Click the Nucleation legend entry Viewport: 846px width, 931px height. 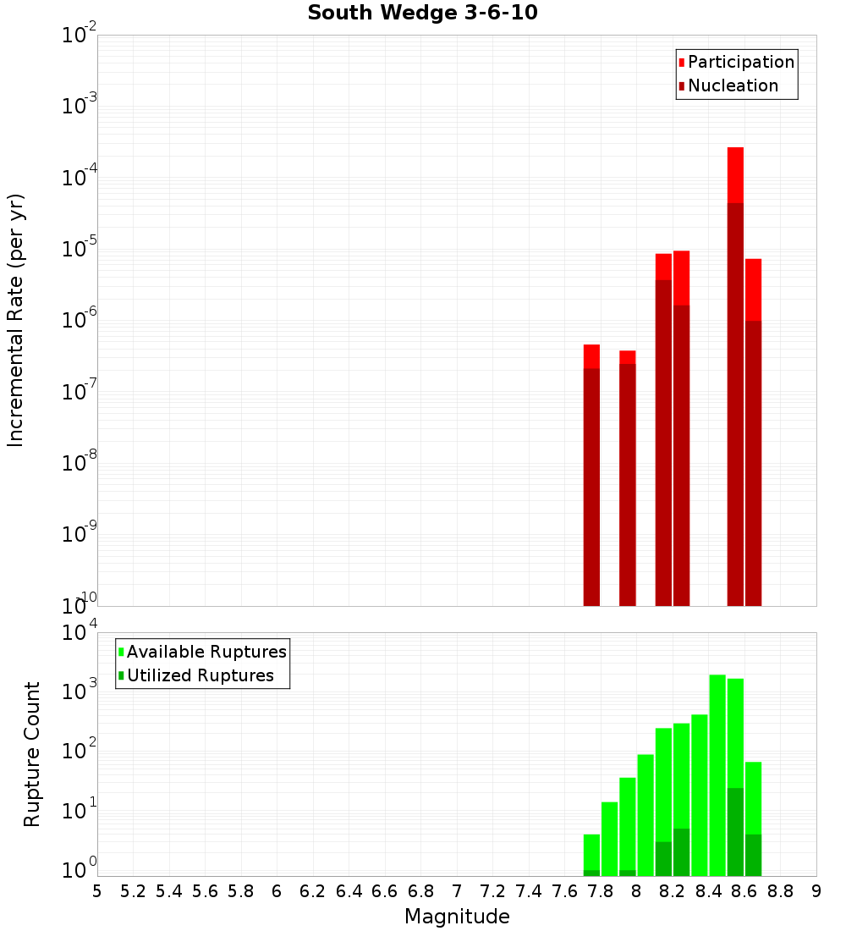pos(733,85)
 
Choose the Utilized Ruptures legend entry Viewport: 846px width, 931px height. pos(200,675)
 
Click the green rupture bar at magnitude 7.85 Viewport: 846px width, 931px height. pos(609,838)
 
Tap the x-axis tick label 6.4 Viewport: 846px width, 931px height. pos(349,891)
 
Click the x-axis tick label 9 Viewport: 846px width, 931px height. pos(816,891)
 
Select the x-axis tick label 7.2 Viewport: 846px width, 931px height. pos(492,891)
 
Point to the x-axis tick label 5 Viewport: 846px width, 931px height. pos(97,891)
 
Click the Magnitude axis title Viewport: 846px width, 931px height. pos(457,917)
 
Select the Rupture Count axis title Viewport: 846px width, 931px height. pos(32,753)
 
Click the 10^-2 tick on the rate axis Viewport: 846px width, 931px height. pos(80,36)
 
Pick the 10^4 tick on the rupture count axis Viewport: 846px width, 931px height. pos(80,633)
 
